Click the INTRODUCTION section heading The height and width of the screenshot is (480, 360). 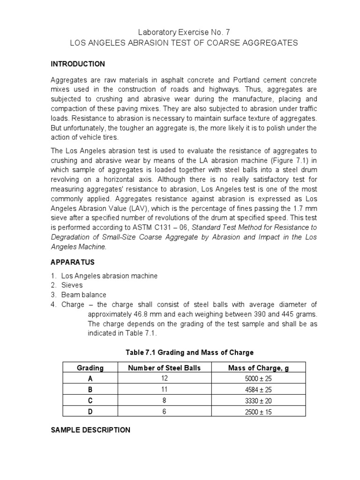point(78,64)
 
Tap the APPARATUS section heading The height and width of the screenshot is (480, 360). point(73,262)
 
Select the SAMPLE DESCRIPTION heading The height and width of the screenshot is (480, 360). point(90,430)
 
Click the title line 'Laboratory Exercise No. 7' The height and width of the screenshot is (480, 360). point(184,32)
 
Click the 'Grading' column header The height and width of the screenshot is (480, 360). point(90,368)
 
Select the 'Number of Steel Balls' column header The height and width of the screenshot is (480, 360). point(164,368)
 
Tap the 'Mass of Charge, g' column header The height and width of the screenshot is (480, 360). point(258,368)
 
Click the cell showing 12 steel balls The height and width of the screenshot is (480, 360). point(164,379)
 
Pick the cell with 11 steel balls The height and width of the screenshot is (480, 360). point(164,390)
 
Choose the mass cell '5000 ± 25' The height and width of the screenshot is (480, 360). point(258,379)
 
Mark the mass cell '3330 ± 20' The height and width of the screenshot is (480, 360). point(258,401)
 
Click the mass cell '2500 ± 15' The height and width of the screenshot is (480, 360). point(258,412)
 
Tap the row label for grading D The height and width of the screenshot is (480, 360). point(90,412)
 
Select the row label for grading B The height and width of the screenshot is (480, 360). point(90,390)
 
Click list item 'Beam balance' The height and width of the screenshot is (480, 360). point(83,295)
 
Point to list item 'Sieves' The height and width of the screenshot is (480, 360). point(72,285)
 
